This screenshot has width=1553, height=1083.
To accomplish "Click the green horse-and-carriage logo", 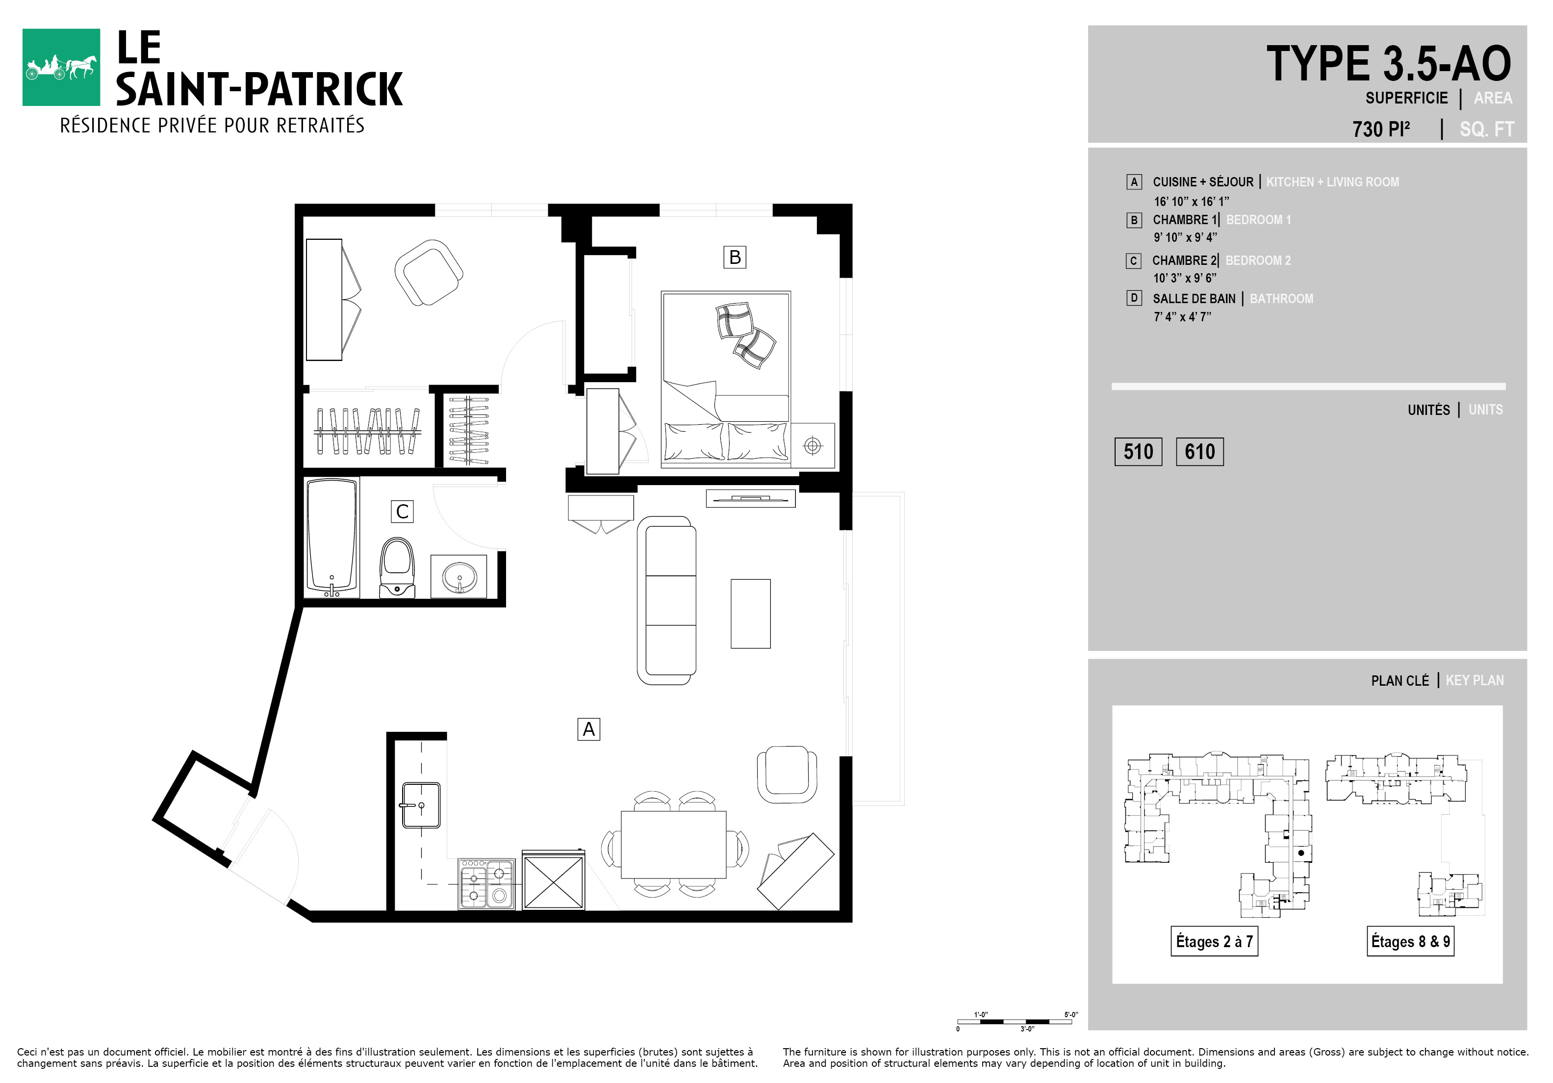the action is click(61, 67).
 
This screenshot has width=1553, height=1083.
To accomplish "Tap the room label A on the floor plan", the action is click(588, 729).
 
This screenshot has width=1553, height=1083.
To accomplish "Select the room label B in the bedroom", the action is click(735, 257).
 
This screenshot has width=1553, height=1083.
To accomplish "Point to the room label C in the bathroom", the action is click(402, 512).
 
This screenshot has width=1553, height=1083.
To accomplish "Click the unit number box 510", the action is click(1138, 451).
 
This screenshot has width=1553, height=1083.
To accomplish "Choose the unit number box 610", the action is click(1200, 451).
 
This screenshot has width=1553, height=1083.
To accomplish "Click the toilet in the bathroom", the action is click(397, 567).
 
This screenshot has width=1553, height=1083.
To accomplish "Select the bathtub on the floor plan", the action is click(331, 538).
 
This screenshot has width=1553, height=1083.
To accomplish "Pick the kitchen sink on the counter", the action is click(421, 805).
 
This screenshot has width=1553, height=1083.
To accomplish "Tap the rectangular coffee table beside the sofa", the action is click(750, 614).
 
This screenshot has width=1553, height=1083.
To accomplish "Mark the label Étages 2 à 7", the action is click(1214, 941).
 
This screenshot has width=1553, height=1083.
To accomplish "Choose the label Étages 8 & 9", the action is click(1410, 941).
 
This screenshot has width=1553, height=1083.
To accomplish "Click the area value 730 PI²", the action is click(1381, 129).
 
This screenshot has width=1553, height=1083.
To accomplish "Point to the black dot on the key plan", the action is click(1301, 853).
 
